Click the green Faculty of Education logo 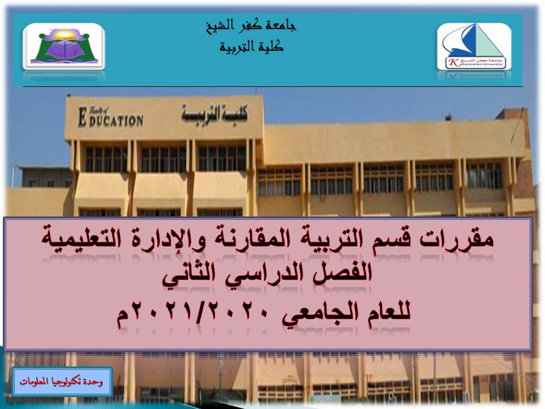click(x=64, y=47)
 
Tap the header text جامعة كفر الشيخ click(x=251, y=26)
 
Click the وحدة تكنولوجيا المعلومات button click(x=62, y=381)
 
